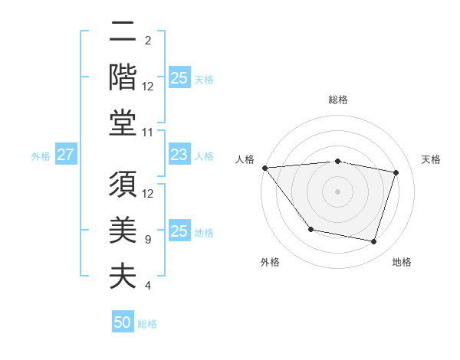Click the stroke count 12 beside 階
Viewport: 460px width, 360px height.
[148, 87]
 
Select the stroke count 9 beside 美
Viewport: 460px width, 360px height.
[148, 239]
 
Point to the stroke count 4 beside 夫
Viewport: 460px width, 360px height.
[148, 286]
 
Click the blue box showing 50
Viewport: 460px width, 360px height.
[123, 322]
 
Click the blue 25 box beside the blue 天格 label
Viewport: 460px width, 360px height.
[179, 77]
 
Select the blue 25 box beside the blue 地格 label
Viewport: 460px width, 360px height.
[179, 231]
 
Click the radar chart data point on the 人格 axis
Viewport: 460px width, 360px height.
[264, 168]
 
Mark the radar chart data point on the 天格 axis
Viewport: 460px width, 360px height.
[396, 172]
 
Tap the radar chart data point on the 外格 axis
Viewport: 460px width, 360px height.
[310, 229]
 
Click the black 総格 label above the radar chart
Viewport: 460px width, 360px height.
[338, 100]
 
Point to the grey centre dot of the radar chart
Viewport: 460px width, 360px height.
[338, 191]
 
